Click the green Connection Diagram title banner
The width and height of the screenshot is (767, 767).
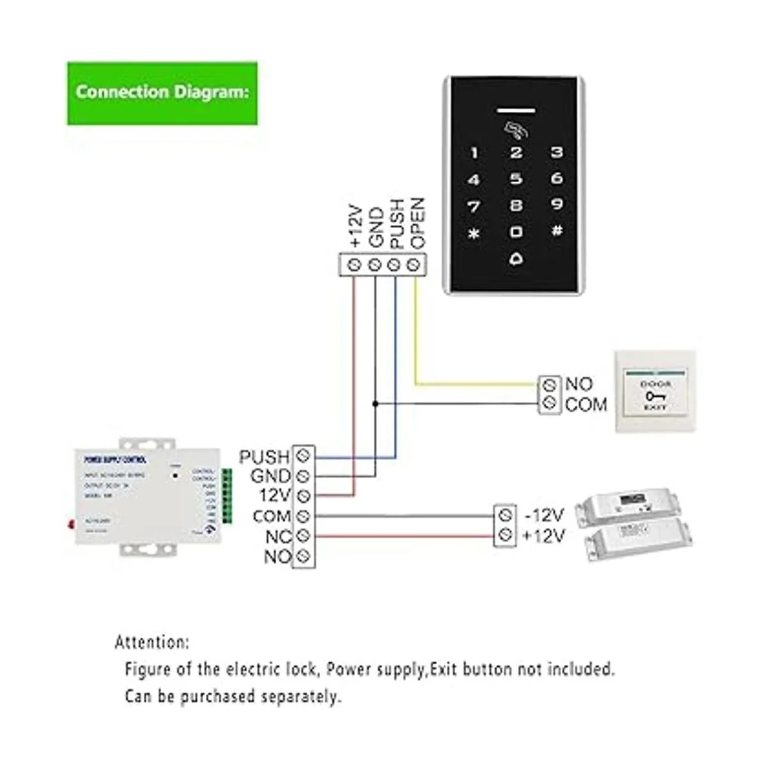click(162, 93)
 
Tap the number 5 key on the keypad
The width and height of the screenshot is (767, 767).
click(516, 180)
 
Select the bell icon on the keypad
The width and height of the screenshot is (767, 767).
click(516, 259)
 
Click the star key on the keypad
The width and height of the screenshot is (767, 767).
click(474, 233)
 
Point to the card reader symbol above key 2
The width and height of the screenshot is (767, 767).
click(515, 130)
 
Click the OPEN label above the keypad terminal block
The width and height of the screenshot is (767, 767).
click(417, 223)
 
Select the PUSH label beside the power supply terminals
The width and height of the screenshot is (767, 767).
click(264, 457)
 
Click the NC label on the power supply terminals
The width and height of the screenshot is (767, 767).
click(279, 536)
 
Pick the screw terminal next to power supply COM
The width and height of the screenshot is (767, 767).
click(304, 516)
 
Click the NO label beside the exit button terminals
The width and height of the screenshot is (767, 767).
click(579, 384)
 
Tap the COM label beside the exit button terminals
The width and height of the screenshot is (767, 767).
click(585, 405)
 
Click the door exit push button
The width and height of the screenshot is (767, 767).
click(655, 392)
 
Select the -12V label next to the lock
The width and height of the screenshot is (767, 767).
click(544, 515)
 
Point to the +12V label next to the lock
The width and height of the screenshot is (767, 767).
click(544, 536)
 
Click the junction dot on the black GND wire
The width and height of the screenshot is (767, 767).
click(375, 404)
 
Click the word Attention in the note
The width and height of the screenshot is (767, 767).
click(151, 642)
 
